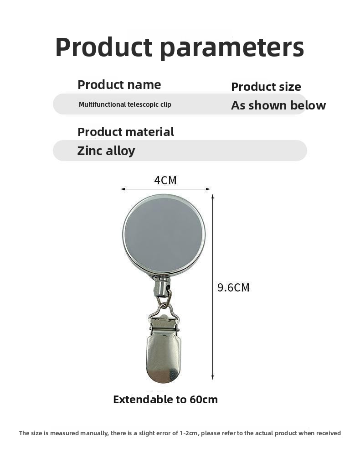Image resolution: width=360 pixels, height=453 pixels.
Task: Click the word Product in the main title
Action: [103, 47]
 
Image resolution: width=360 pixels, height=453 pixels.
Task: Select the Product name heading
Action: [119, 85]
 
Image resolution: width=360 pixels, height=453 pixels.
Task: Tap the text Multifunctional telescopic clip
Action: [125, 104]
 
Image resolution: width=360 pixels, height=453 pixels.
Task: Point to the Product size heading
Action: [266, 87]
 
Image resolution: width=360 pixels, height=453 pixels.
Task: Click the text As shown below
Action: [278, 105]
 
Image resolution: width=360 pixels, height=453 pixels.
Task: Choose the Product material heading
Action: [126, 132]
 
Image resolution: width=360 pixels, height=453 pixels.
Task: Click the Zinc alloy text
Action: [106, 151]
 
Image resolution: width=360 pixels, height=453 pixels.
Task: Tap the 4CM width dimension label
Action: [165, 180]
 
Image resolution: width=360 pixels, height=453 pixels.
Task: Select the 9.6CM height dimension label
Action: [233, 287]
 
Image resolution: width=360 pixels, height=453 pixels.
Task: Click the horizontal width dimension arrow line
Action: [165, 189]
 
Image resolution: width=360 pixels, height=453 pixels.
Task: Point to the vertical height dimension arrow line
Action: [212, 287]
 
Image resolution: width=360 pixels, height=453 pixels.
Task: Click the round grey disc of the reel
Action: [164, 234]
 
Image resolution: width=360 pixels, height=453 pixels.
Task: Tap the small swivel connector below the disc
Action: [161, 286]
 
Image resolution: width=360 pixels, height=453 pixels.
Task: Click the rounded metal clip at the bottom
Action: [164, 351]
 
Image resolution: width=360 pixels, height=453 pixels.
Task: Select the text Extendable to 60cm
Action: [165, 400]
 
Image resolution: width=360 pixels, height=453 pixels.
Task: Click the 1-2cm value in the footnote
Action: [189, 433]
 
